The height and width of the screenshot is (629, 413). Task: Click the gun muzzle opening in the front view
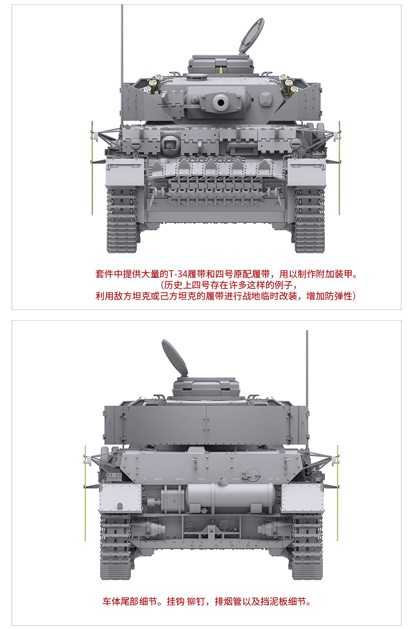220,102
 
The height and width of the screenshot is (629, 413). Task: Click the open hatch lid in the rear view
175,358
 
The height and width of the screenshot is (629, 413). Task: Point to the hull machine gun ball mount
170,144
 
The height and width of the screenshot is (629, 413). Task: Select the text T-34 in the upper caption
177,275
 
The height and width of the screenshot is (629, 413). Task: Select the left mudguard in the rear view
121,498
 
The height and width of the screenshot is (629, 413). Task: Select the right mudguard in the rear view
302,498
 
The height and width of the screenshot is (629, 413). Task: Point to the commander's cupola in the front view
221,64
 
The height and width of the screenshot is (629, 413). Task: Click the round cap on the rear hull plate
252,474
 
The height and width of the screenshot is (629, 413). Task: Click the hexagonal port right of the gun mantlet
266,99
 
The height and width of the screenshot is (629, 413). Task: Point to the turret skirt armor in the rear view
206,425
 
